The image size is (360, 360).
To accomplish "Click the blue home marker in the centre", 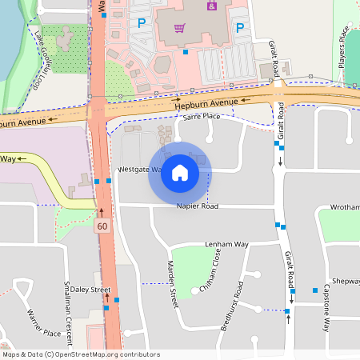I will pos(180,172).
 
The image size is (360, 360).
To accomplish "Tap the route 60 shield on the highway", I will pos(102,226).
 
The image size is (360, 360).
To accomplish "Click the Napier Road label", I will pos(197,206).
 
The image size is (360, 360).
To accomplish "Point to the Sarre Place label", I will pos(201,117).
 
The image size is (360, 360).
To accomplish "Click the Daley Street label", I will pos(90,289).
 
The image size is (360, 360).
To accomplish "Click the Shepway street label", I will pos(346,282).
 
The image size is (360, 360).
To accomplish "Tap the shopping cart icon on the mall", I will pos(180,28).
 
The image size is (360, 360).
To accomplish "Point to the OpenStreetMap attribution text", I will pos(81,354).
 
